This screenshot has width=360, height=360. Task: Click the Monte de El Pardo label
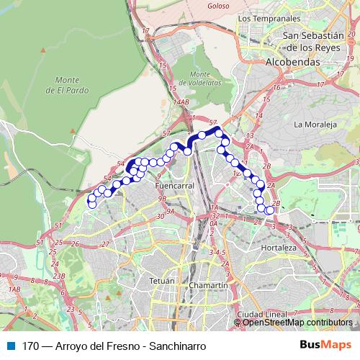click(x=65, y=85)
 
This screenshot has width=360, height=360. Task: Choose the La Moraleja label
click(x=315, y=124)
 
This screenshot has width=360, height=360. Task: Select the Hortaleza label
click(x=279, y=248)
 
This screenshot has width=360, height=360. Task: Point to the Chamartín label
click(x=207, y=286)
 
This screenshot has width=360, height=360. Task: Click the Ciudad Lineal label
click(x=263, y=315)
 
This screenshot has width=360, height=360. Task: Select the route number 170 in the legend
click(x=31, y=346)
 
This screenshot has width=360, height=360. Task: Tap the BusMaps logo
click(x=325, y=345)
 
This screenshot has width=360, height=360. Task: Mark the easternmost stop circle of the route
click(x=270, y=210)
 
